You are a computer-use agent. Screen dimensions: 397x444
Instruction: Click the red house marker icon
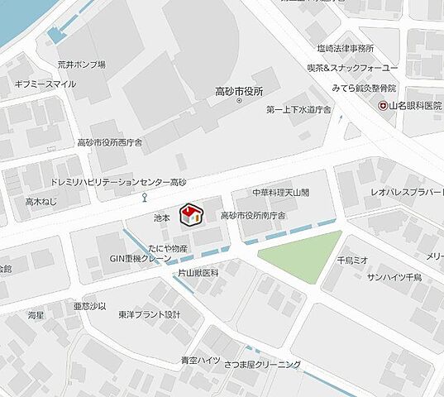click(191, 214)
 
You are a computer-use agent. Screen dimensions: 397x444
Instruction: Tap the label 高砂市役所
click(238, 91)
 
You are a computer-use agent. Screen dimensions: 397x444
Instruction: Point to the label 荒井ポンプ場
click(81, 65)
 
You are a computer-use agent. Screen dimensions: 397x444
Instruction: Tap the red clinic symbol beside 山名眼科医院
click(383, 106)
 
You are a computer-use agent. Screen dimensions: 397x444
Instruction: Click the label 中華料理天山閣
click(281, 192)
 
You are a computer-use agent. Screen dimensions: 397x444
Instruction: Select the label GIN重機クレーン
click(141, 259)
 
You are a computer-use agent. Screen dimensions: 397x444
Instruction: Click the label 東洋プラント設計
click(149, 315)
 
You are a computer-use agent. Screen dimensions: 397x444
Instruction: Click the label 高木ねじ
click(41, 201)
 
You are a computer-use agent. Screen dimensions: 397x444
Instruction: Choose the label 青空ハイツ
click(200, 360)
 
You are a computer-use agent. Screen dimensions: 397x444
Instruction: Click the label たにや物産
click(168, 248)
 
